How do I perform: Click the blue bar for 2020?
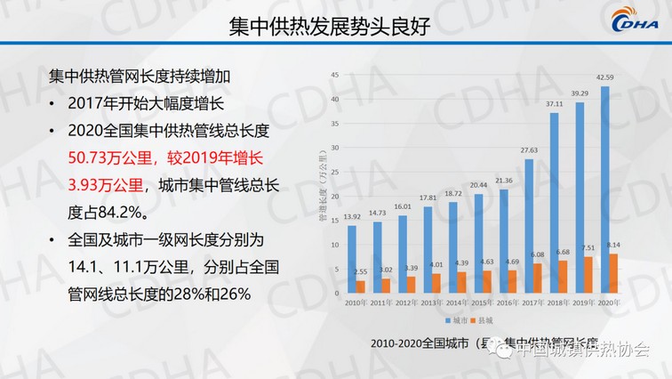(604, 189)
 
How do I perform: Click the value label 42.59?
(606, 78)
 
